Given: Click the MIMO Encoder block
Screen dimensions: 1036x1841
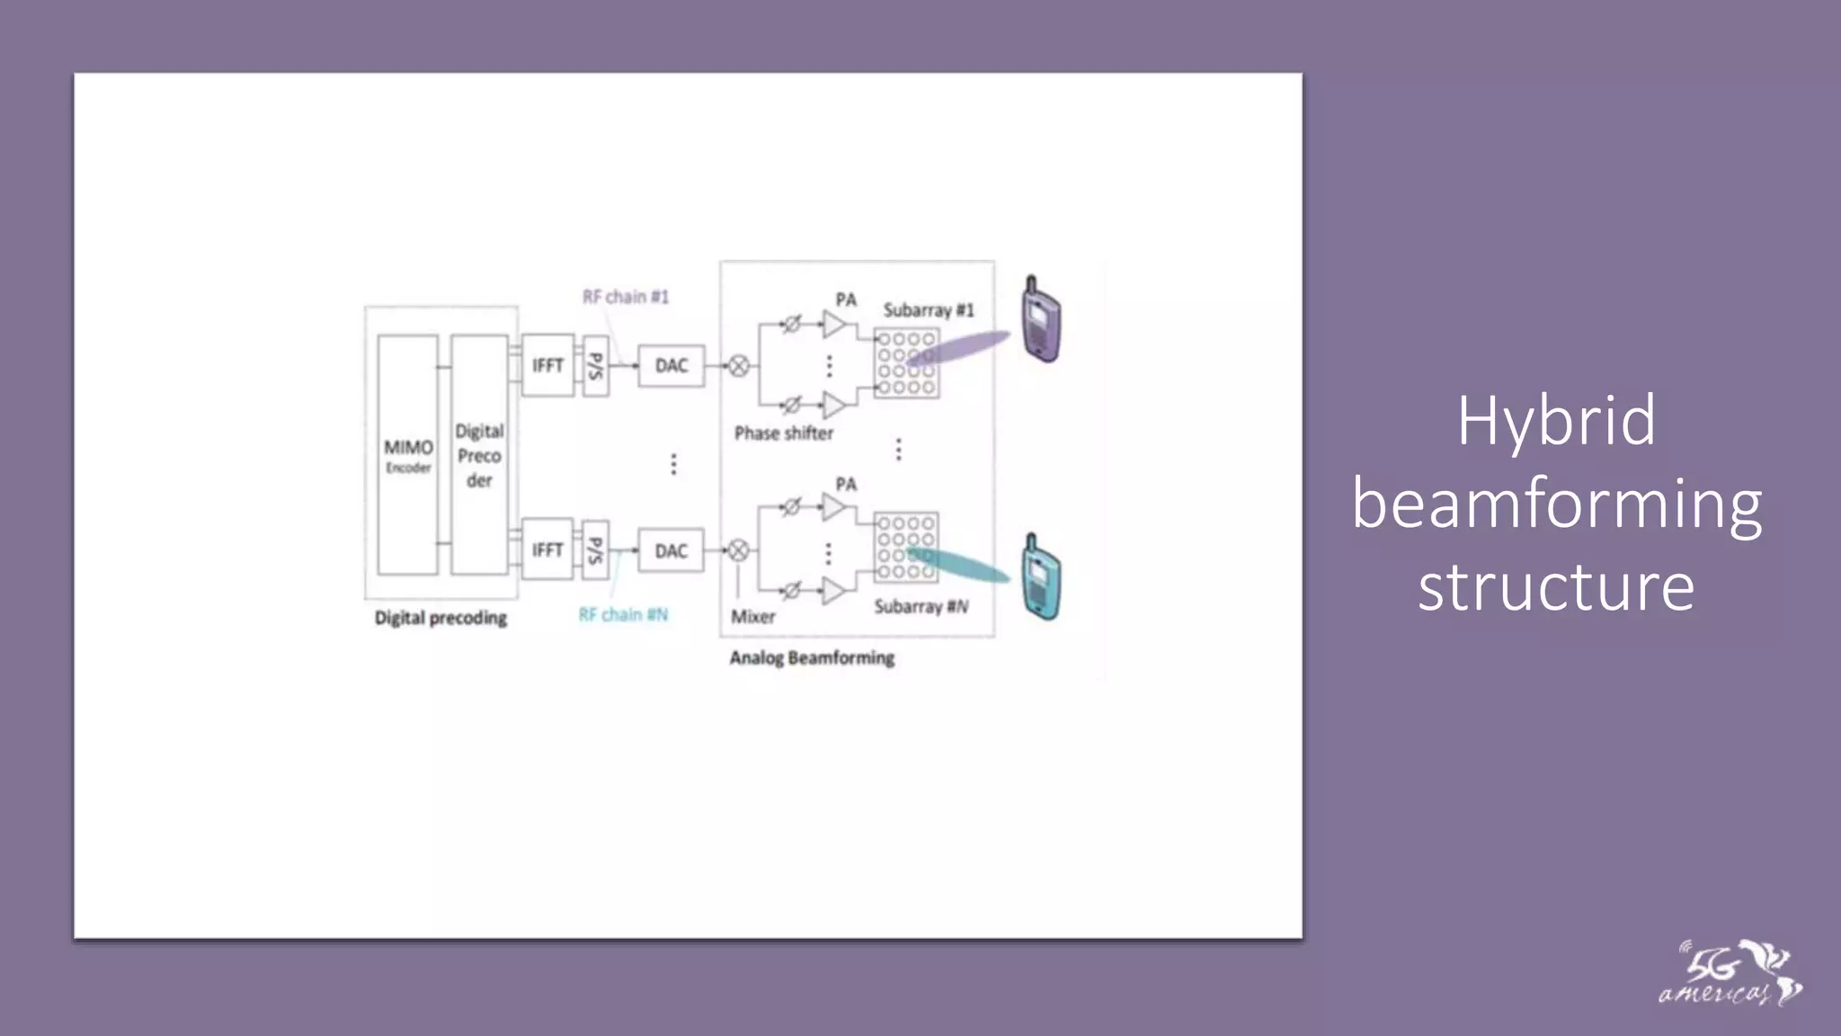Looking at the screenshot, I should coord(408,455).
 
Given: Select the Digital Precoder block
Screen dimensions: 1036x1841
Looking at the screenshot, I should coord(479,455).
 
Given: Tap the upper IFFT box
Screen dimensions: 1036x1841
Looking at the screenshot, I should coord(547,365).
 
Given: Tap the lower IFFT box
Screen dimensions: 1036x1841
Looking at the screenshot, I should coord(547,549).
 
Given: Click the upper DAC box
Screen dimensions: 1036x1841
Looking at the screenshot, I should coord(671,366).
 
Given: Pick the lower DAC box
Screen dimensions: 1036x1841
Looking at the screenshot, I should coord(671,550).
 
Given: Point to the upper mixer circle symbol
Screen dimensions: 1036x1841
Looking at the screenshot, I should coord(739,366).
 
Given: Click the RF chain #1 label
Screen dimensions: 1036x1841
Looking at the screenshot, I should coord(626,297).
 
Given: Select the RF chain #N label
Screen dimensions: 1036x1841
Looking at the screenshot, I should coord(623,615).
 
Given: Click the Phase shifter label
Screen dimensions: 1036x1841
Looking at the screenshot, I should coord(784,433).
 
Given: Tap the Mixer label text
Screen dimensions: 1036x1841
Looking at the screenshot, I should coord(753,617).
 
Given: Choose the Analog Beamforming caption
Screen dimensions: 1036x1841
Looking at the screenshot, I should coord(812,658).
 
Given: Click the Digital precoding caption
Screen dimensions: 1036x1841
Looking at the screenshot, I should coord(440,618).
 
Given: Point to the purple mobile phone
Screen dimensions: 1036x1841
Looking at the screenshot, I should coord(1041,320).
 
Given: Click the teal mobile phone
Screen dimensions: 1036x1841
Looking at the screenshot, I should coord(1041,577).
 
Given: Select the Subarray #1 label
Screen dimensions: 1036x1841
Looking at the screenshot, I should coord(929,310).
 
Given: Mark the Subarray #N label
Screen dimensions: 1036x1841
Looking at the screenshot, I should coord(921,607).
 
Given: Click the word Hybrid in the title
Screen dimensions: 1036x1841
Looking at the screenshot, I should coord(1556,421).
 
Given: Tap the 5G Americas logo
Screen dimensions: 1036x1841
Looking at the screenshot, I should coord(1729,973).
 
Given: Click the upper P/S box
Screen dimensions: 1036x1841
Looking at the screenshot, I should coord(595,366).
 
